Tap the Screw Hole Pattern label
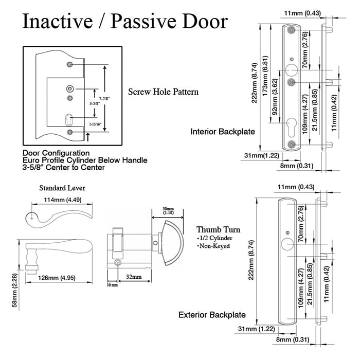[163, 92]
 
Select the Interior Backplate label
[223, 132]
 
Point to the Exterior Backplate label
[212, 315]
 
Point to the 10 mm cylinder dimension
[112, 285]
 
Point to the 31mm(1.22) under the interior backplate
[261, 155]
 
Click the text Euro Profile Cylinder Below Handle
[85, 160]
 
